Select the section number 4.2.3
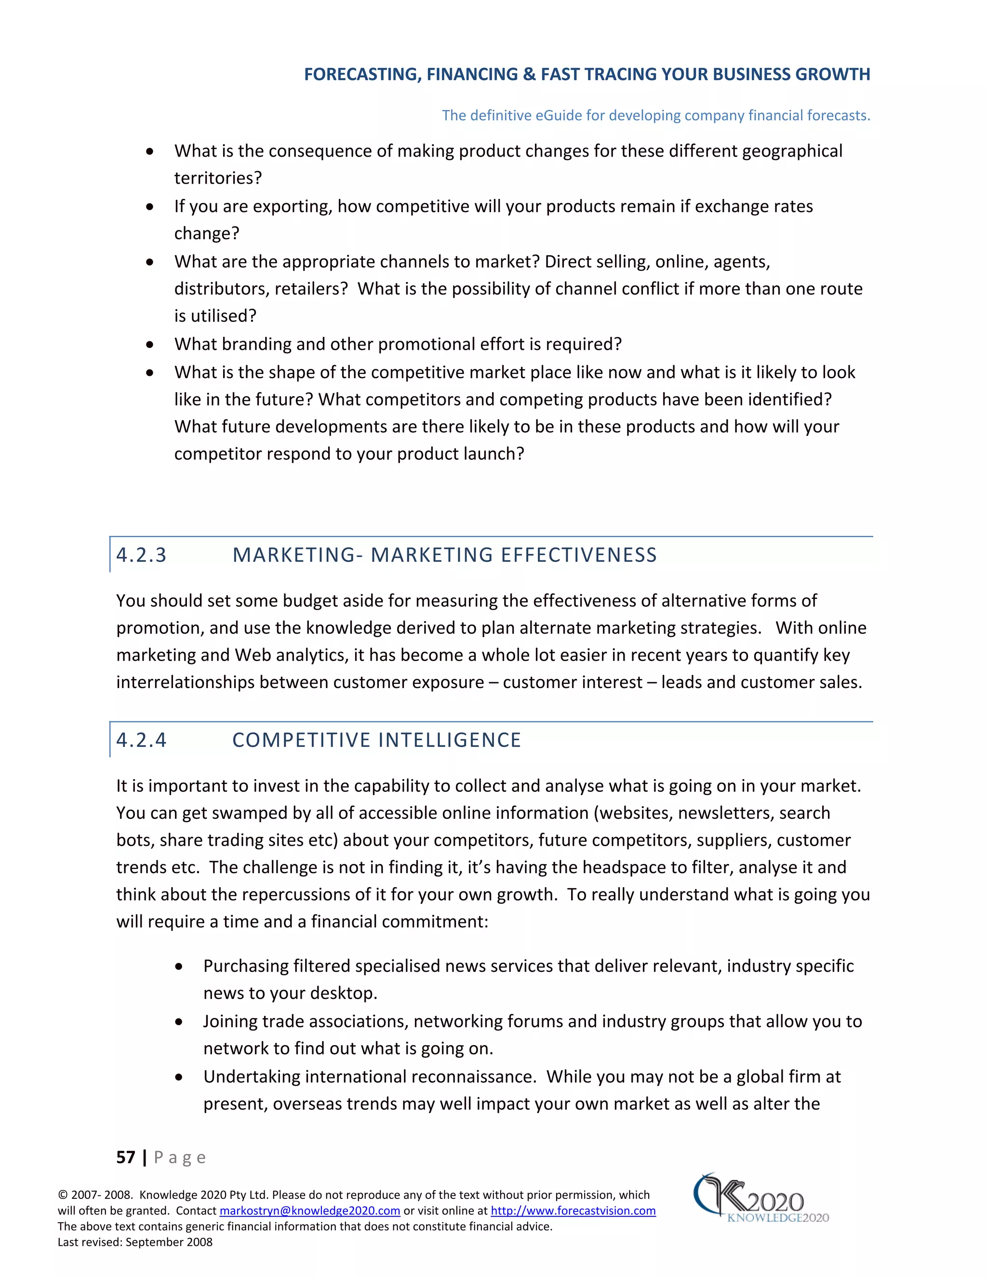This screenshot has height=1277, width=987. (142, 554)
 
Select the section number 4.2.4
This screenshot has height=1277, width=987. (142, 740)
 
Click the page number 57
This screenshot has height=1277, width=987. (126, 1157)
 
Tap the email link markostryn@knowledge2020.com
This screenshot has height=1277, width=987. (309, 1210)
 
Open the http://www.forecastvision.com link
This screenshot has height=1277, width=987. (573, 1210)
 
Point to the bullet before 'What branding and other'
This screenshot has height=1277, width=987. (150, 345)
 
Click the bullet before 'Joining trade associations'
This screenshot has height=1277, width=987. (179, 1022)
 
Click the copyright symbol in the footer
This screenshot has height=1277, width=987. (63, 1195)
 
